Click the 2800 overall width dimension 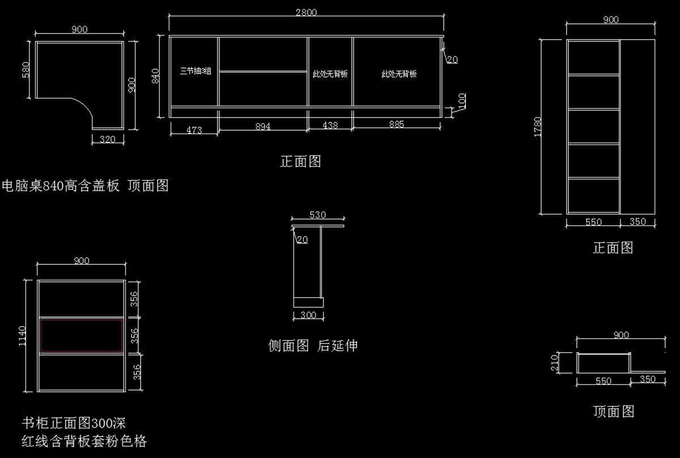pos(306,12)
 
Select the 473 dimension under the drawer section pos(194,130)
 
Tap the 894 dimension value pos(262,126)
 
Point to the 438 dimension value pos(330,125)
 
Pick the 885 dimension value pos(397,124)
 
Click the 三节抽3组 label pos(195,71)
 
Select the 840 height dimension pos(155,76)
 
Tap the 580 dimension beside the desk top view pos(26,70)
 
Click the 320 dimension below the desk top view pos(108,139)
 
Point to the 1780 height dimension pos(538,127)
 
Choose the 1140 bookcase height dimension pos(22,336)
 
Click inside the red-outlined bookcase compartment pos(82,336)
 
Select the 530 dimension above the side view pos(317,215)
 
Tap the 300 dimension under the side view pos(308,315)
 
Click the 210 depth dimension pos(554,363)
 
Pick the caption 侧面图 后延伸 pos(313,345)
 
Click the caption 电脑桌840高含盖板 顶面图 pos(85,185)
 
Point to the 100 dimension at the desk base pos(462,101)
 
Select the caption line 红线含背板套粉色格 pos(84,441)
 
